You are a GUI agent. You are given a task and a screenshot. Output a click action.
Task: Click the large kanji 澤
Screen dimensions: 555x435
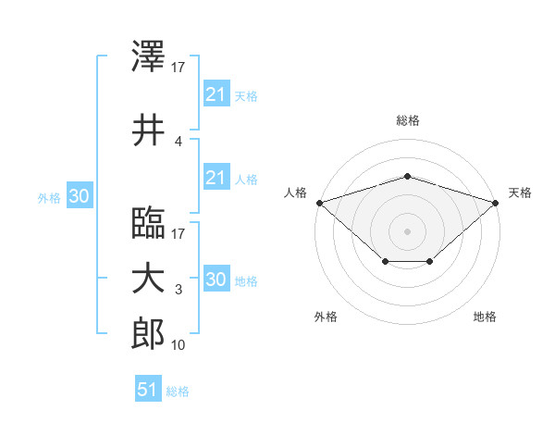tap(148, 56)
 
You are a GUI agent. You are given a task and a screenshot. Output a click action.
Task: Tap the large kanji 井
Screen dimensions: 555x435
tap(148, 130)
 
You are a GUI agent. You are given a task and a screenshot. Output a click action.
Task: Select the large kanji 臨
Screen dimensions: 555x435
tap(148, 222)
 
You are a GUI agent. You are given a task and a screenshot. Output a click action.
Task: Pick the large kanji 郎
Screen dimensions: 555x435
tap(148, 333)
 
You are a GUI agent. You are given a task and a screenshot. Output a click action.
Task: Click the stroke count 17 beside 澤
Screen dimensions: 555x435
tap(178, 68)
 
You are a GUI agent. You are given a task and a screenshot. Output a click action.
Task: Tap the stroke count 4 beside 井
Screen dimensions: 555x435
tap(179, 142)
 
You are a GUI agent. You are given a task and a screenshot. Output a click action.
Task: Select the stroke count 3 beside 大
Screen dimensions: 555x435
tap(179, 290)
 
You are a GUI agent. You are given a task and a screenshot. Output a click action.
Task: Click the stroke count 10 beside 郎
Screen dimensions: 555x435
tap(178, 345)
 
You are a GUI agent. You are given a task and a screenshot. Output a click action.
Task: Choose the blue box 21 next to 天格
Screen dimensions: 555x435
tap(216, 93)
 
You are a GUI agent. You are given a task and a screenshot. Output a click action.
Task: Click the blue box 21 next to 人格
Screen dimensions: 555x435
tap(216, 177)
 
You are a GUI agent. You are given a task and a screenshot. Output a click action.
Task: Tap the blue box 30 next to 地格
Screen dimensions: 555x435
tap(216, 278)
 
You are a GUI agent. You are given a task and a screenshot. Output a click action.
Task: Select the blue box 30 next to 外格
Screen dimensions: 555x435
tap(80, 195)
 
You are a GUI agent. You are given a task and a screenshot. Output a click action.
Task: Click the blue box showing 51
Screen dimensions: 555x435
tap(148, 388)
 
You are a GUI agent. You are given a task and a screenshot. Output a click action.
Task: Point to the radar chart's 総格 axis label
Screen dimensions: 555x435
tap(408, 120)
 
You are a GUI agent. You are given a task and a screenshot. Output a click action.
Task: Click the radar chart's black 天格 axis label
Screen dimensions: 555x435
tap(520, 193)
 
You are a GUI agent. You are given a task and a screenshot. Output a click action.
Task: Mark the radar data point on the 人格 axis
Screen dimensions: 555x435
tap(320, 203)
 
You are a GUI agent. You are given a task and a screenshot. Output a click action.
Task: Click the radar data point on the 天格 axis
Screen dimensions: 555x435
tap(496, 203)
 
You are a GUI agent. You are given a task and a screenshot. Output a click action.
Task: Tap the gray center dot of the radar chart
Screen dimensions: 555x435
tap(407, 231)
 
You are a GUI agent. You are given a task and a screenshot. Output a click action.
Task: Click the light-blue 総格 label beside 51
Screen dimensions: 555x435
tap(178, 391)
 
